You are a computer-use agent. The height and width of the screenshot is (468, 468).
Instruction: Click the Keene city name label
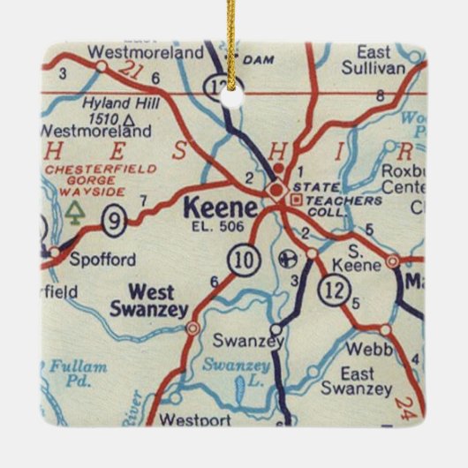click(222, 209)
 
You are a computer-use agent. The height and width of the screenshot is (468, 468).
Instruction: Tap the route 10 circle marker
click(240, 259)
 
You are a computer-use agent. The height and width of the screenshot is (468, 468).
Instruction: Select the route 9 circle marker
click(113, 220)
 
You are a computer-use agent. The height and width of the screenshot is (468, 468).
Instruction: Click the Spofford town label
click(103, 260)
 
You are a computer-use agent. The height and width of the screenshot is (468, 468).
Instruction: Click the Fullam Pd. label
click(78, 373)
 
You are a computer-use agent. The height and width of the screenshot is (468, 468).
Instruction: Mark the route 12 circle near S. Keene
click(336, 288)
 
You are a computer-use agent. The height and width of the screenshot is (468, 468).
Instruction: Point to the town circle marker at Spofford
click(55, 253)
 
